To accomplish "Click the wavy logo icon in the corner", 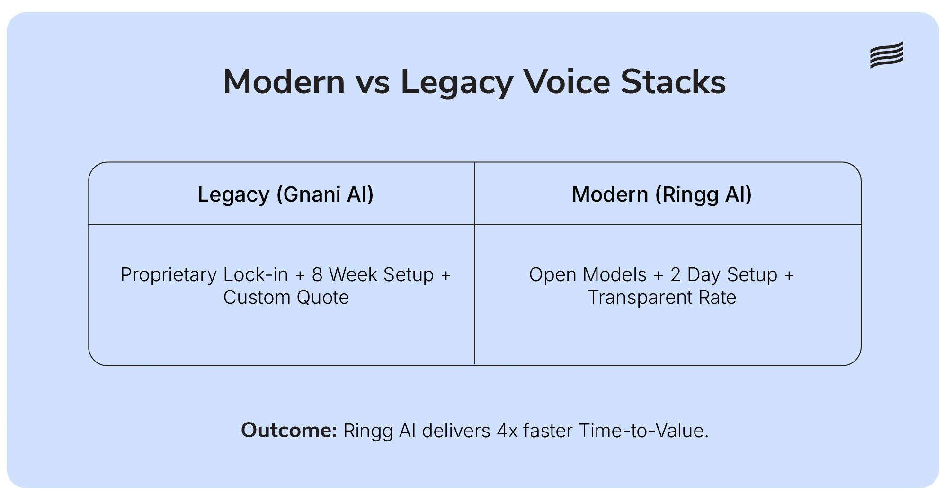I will (x=886, y=55).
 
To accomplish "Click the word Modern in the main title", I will (x=284, y=82).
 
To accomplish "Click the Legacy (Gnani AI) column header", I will (x=285, y=194).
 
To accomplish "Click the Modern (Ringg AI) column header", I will (x=661, y=194).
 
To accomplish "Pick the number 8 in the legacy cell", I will (x=317, y=275).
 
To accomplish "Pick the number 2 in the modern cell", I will (x=675, y=275).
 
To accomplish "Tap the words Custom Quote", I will (x=286, y=298).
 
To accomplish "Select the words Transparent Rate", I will (x=661, y=298).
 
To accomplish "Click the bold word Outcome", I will (x=289, y=431).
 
